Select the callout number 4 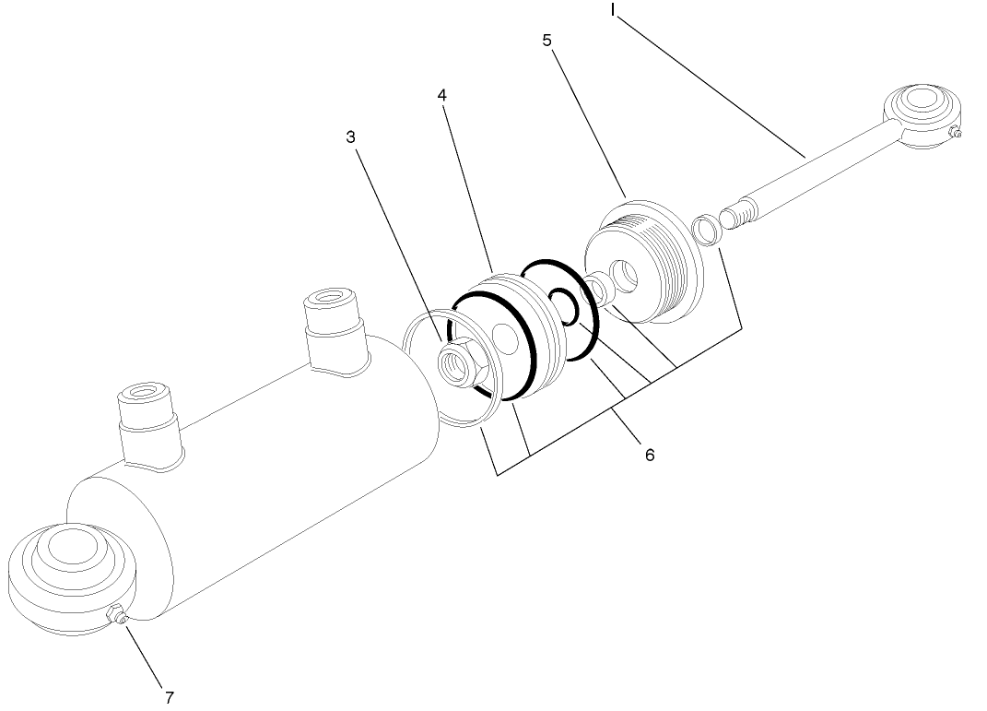(x=442, y=95)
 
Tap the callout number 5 (x=547, y=41)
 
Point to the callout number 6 (x=649, y=455)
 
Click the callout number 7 (x=169, y=694)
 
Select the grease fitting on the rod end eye (x=957, y=135)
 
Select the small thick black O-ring (x=564, y=305)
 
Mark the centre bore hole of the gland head (x=628, y=274)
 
